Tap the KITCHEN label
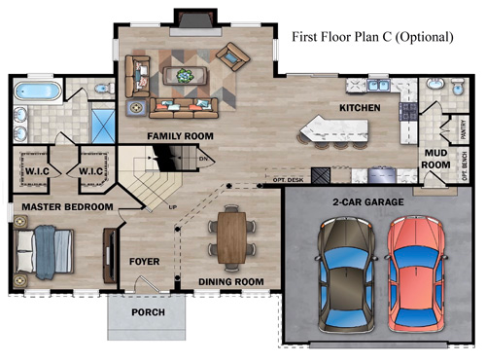pos(358,107)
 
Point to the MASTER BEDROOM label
pos(60,206)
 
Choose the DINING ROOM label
pos(231,282)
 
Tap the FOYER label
pos(144,262)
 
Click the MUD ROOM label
pos(435,159)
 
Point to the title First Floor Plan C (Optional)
pos(373,38)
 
